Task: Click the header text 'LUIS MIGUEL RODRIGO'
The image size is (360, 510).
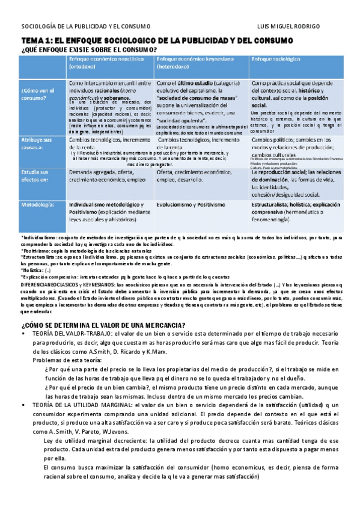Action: click(x=305, y=26)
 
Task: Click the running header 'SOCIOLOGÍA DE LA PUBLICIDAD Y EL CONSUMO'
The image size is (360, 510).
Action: click(x=86, y=26)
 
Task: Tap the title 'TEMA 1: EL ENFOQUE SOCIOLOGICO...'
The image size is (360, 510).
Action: click(x=157, y=40)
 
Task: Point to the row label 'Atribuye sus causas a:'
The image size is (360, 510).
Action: click(x=37, y=144)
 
